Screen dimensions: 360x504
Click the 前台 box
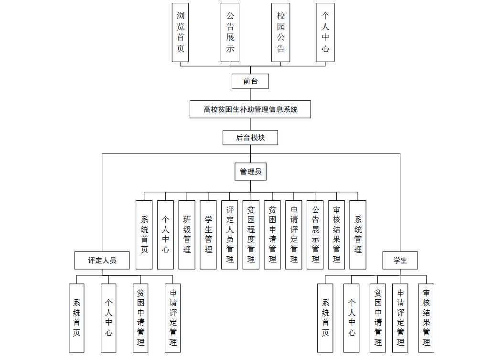coord(250,81)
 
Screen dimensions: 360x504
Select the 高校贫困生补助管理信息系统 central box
coord(250,109)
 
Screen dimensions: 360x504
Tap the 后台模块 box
coord(250,138)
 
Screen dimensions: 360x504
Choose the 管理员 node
coord(250,172)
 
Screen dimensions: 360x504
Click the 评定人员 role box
coord(102,261)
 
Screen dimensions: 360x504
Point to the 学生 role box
coord(400,261)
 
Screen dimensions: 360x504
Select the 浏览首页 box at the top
coord(180,33)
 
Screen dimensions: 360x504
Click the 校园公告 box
coord(280,33)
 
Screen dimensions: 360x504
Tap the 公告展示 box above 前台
coord(230,33)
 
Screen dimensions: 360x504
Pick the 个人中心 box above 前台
coord(325,33)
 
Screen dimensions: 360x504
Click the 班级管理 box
coord(187,234)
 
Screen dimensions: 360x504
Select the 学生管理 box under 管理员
coord(208,234)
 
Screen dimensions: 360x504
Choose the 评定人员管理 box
coord(230,234)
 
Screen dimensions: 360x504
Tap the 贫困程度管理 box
coord(251,234)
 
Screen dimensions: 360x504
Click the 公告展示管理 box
coord(315,234)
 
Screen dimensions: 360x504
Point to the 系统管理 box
coord(358,234)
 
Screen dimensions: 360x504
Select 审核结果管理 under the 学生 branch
coord(426,318)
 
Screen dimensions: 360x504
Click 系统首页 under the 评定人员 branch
coord(76,318)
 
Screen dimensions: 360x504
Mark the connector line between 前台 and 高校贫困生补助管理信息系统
coord(250,95)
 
